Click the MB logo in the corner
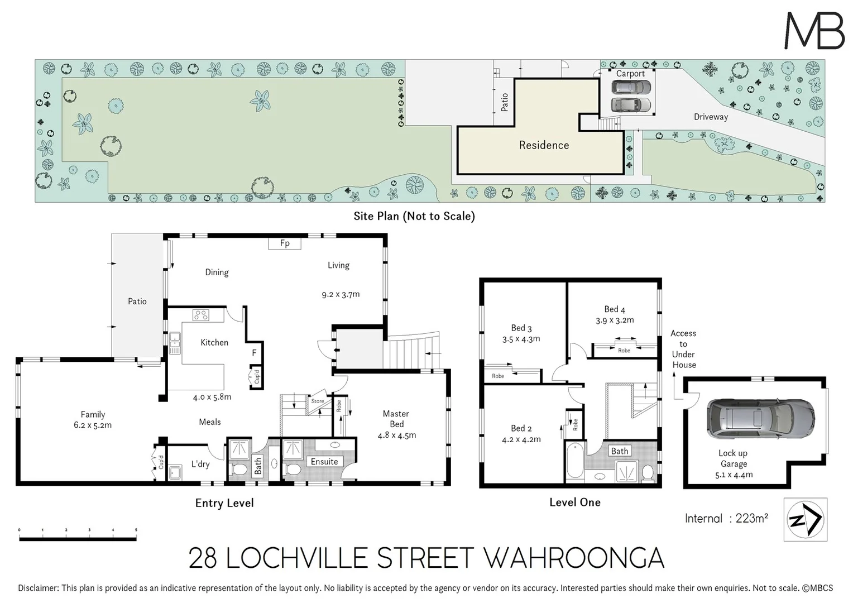[x=814, y=31]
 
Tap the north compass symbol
[x=805, y=520]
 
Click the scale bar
[x=78, y=538]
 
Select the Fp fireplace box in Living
[x=285, y=243]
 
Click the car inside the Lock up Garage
[x=760, y=419]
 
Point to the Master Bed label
[x=396, y=419]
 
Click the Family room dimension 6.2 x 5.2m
[x=93, y=425]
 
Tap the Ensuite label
[x=324, y=462]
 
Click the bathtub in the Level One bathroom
[x=574, y=461]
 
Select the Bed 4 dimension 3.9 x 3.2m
[x=615, y=320]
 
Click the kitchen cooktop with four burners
[x=201, y=315]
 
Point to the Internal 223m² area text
[x=726, y=519]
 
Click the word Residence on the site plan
[x=544, y=145]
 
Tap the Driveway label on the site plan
[x=711, y=117]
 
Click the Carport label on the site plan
[x=630, y=74]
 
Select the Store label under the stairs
[x=318, y=401]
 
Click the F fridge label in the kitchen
[x=255, y=352]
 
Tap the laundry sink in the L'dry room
[x=175, y=472]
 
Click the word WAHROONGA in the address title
[x=573, y=558]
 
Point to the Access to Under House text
[x=684, y=349]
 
